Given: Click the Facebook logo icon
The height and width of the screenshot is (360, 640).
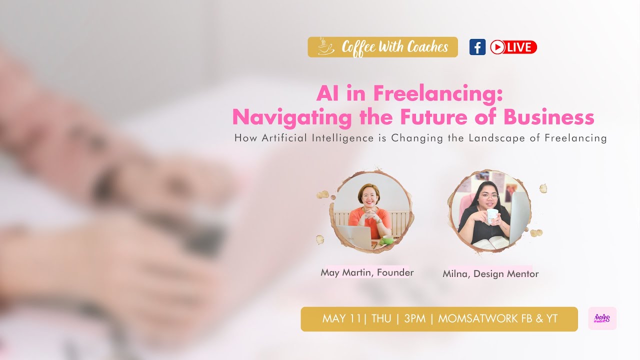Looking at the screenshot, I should coord(477,47).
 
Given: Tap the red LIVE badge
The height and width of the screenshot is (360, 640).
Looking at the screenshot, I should coord(513,47).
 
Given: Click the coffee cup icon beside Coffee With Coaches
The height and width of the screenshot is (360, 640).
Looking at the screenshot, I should coord(326,46).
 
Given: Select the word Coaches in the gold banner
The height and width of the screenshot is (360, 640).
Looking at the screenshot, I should coord(427,47).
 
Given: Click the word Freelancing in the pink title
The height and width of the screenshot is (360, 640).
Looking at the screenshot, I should coord(437,93).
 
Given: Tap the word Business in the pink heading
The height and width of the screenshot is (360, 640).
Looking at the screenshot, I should coord(548,117).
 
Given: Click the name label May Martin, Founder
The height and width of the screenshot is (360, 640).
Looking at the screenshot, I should coord(367,272).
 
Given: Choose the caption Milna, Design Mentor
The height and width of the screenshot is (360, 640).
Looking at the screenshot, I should coord(490,274).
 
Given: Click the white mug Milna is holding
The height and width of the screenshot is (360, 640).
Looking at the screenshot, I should coord(492,216).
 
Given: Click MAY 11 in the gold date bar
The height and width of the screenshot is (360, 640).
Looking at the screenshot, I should coord(341,319).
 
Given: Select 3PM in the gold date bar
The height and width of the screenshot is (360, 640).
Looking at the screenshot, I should coord(414,319).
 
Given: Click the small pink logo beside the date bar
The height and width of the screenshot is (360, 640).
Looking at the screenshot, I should coord(602,318).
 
